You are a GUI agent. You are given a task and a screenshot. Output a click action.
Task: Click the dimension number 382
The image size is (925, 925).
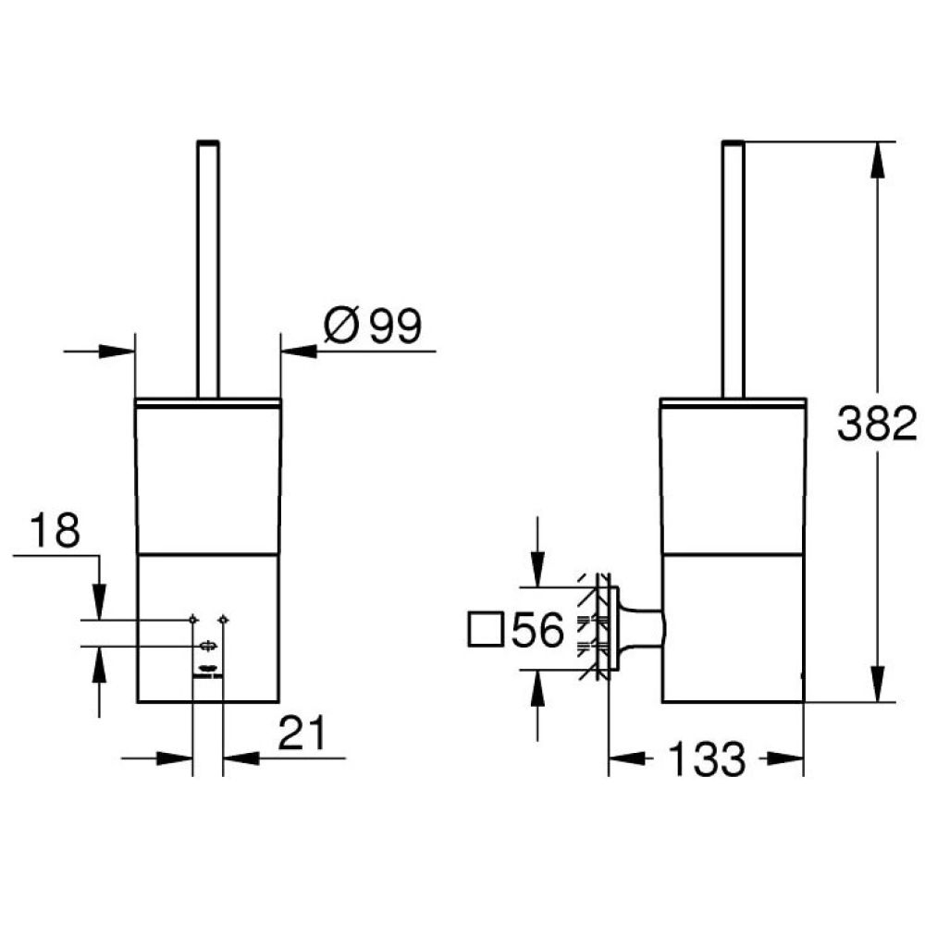pyautogui.click(x=877, y=423)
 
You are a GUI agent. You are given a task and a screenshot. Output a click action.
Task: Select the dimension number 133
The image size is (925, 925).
pyautogui.click(x=707, y=759)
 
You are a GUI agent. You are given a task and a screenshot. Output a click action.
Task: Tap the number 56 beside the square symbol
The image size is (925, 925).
pyautogui.click(x=538, y=629)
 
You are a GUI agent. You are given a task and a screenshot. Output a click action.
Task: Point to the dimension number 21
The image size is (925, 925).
pyautogui.click(x=302, y=733)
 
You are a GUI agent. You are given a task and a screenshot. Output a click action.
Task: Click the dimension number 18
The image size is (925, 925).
pyautogui.click(x=55, y=530)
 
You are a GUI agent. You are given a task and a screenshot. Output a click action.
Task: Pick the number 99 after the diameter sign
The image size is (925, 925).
pyautogui.click(x=395, y=325)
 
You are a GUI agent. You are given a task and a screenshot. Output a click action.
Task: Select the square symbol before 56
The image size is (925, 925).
pyautogui.click(x=486, y=629)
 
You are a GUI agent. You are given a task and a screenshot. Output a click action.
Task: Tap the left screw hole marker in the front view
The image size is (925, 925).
pyautogui.click(x=193, y=620)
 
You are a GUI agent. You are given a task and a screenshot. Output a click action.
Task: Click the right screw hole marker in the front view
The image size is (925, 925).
pyautogui.click(x=223, y=620)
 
